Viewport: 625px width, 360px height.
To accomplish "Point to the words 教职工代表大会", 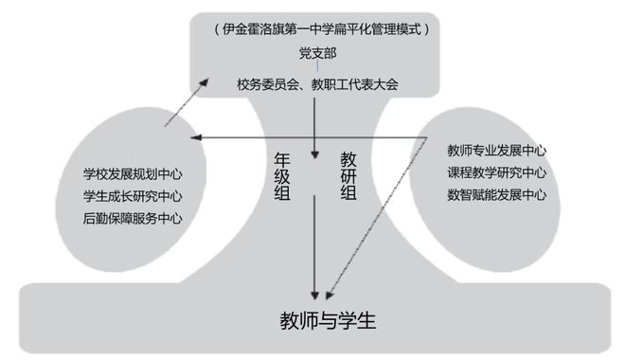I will click(x=351, y=84).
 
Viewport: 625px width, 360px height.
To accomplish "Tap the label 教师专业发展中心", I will click(x=496, y=151).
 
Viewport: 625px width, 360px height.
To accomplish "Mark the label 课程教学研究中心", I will click(x=496, y=172).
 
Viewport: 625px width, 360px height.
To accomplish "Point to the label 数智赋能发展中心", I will click(x=496, y=195).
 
